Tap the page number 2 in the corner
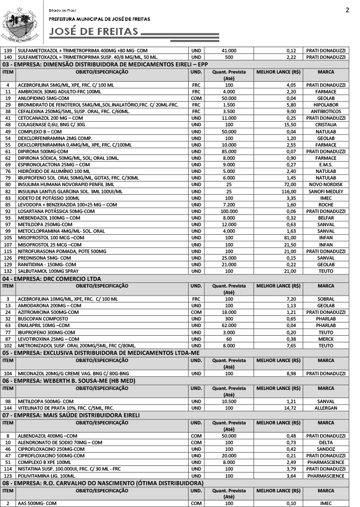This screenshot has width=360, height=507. coord(347,10)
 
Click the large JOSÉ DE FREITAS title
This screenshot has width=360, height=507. coord(94,32)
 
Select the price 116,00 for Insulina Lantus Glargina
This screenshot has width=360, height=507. coord(290,191)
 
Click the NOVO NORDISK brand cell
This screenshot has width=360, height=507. coord(326,185)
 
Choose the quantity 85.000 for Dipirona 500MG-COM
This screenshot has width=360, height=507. coord(229,151)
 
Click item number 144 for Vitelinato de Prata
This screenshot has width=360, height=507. coord(8,408)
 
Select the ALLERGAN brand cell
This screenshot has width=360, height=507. coord(326,408)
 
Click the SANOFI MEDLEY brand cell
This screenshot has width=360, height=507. coord(326,191)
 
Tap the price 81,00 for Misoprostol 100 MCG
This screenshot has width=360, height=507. coord(290,237)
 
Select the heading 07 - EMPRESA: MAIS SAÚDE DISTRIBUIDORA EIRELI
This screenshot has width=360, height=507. coord(78,415)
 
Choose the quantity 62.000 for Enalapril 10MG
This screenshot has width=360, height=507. coord(229,325)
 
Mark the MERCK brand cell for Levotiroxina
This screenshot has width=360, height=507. coord(326,339)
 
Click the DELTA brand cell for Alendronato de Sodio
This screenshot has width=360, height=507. coord(326,443)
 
